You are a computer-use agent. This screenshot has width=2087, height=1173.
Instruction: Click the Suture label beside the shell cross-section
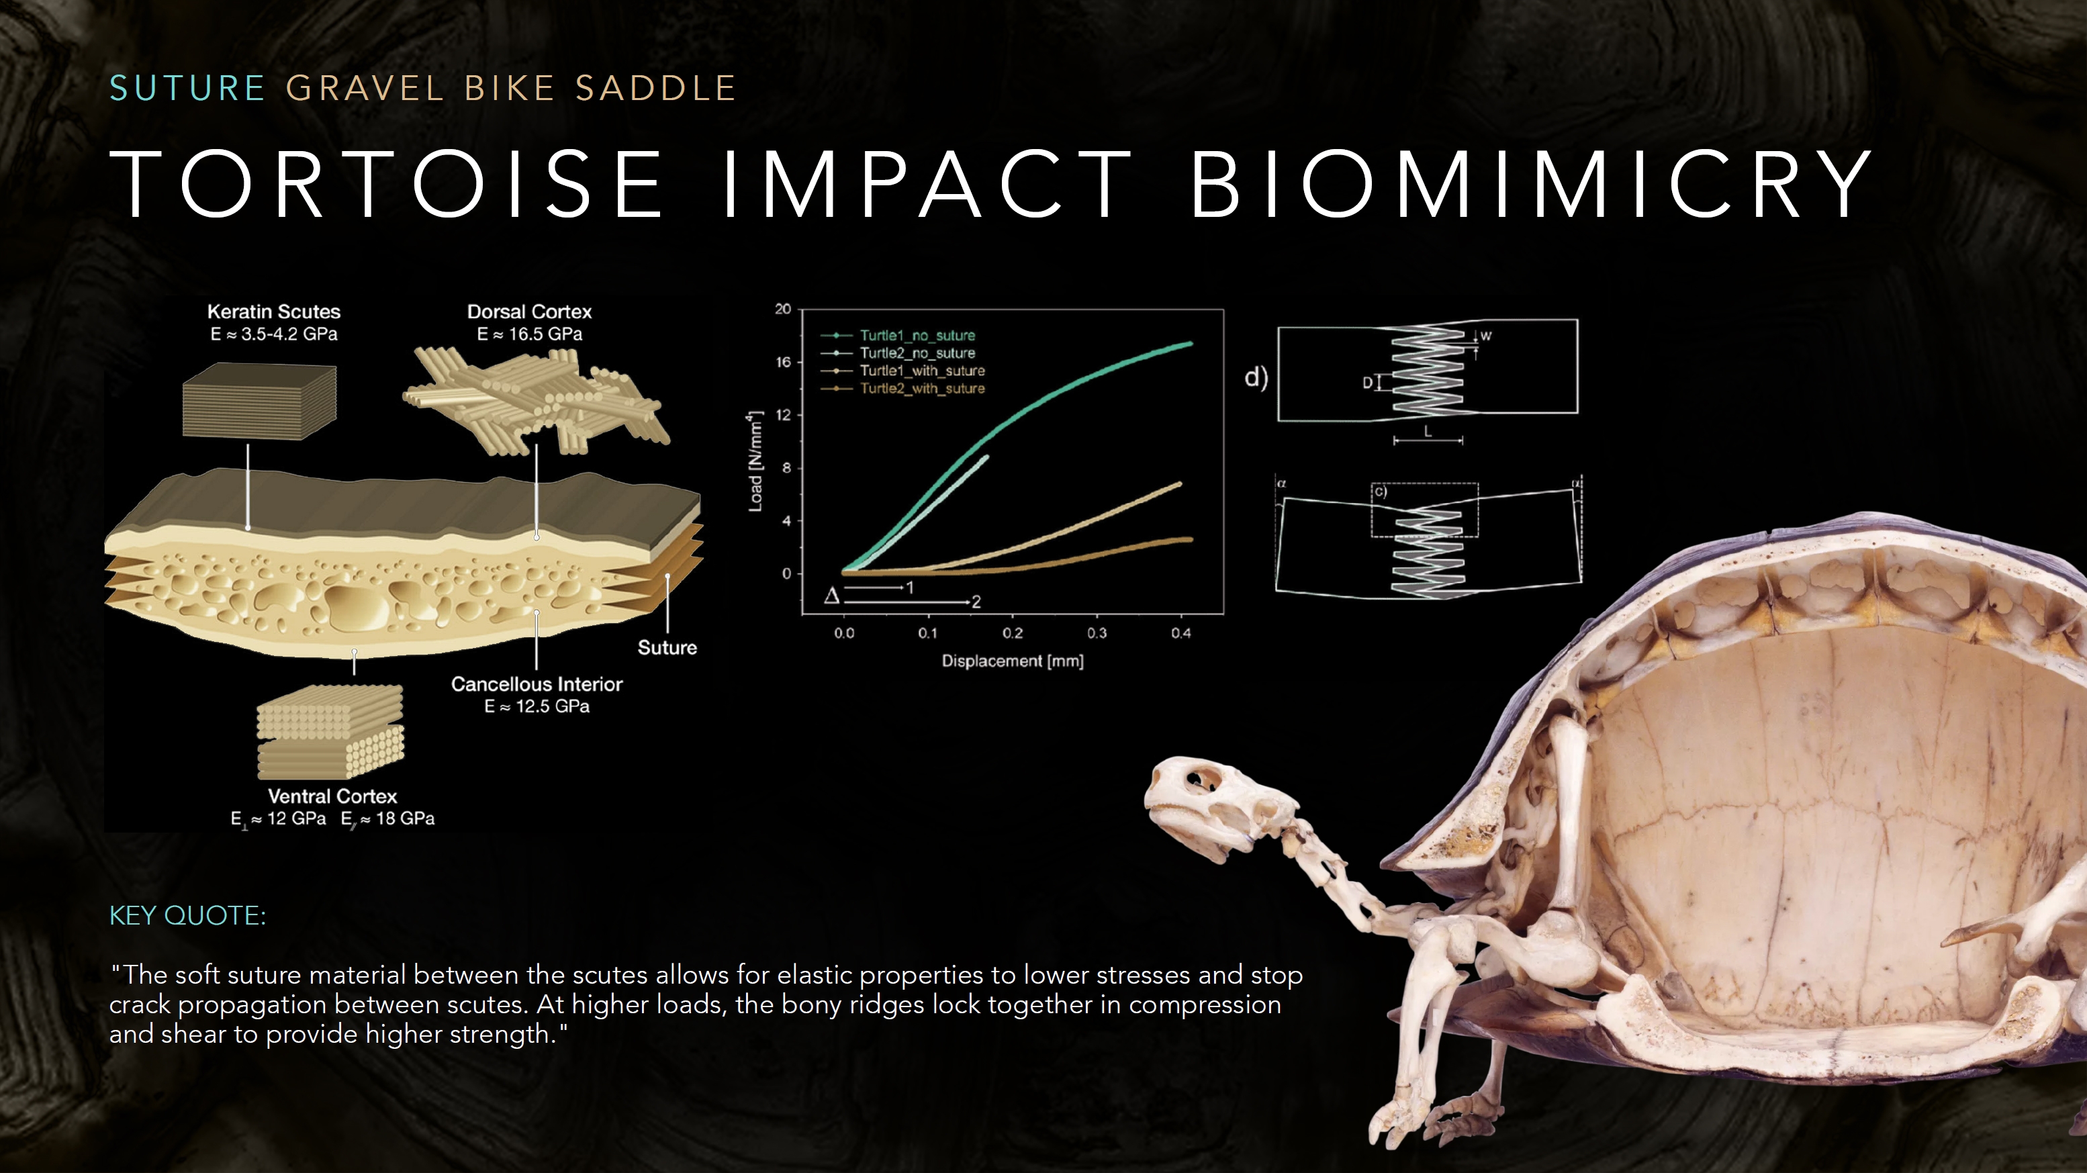(667, 647)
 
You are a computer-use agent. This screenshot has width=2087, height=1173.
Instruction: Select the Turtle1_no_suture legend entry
(898, 335)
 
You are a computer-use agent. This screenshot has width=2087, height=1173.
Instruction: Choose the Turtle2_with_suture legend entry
(902, 389)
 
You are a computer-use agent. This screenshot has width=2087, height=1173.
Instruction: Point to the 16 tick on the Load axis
(784, 362)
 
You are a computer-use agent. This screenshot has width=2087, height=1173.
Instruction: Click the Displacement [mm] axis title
(1012, 661)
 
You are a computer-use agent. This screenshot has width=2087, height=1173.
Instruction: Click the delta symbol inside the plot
(832, 596)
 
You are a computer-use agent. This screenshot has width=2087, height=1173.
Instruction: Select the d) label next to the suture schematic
(1256, 378)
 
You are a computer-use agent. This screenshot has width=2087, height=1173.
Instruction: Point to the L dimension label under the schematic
(1428, 432)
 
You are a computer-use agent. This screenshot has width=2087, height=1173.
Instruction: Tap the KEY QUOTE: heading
(188, 915)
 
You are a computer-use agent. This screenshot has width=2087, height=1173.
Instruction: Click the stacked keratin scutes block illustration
(259, 401)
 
